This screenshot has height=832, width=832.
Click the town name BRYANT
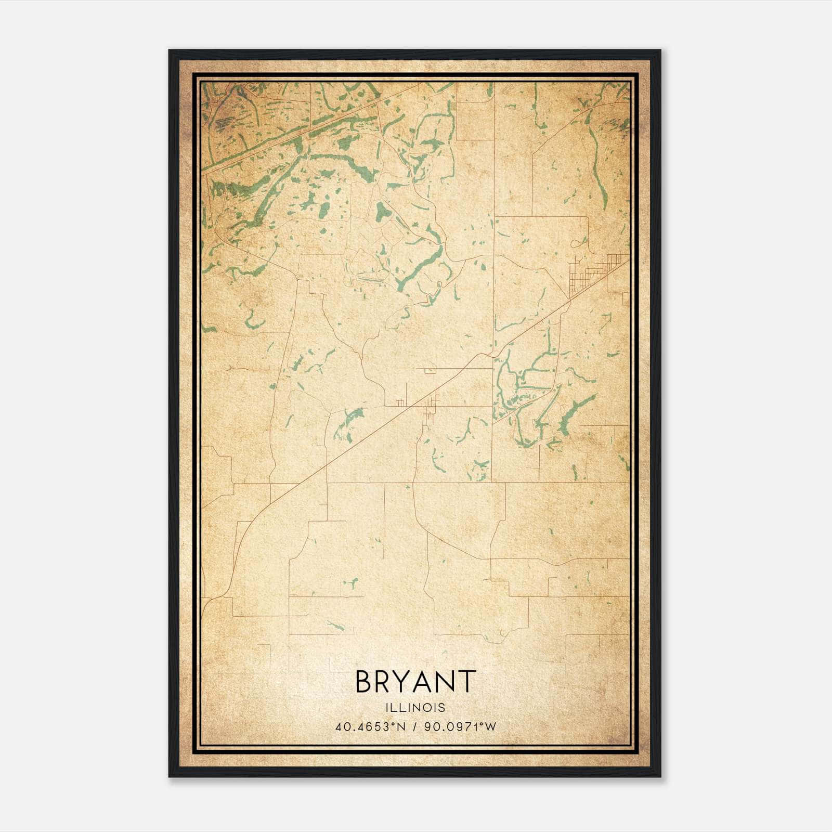415,681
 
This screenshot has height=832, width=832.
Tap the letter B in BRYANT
364,681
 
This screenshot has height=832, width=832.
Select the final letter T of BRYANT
467,681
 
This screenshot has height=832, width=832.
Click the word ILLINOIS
415,708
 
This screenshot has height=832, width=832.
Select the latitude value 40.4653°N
370,727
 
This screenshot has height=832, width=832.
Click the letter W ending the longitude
490,727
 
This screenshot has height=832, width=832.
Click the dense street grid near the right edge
590,273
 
